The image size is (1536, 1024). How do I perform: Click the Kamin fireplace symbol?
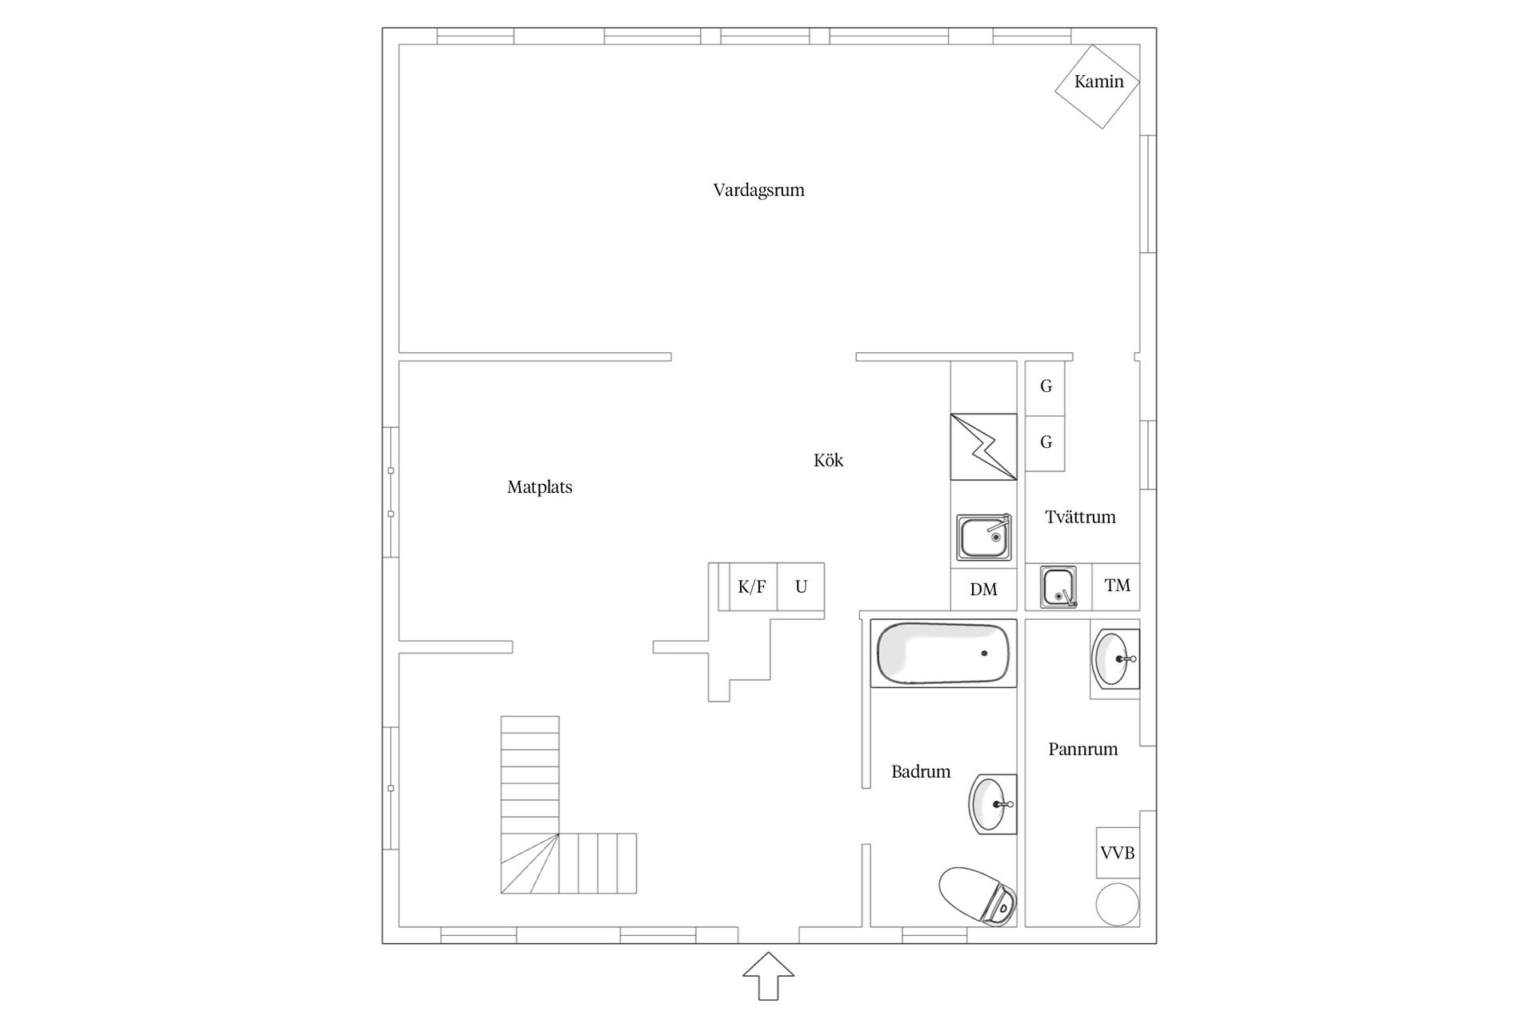(x=1098, y=86)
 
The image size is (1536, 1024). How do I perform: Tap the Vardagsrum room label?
(x=758, y=190)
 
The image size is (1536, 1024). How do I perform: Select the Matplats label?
(x=540, y=487)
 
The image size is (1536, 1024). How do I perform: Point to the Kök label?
(x=828, y=460)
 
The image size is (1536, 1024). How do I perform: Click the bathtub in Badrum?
(x=944, y=653)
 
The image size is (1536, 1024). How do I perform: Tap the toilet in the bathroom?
(x=978, y=896)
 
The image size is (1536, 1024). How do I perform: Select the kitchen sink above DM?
(x=985, y=537)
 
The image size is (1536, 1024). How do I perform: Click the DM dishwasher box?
(x=983, y=590)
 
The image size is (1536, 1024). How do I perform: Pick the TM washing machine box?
(x=1117, y=586)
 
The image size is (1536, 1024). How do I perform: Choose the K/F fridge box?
(x=752, y=587)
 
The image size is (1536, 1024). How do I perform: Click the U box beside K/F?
(x=801, y=587)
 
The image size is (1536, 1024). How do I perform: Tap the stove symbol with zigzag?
(x=983, y=447)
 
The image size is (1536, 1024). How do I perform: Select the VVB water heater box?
(x=1118, y=854)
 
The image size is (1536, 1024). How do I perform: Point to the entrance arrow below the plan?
(x=768, y=976)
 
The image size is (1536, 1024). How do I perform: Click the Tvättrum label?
(x=1080, y=518)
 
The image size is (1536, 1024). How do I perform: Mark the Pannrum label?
(x=1082, y=750)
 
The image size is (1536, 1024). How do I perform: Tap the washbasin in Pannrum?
(x=1115, y=658)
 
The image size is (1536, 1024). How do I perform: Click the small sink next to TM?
(x=1058, y=587)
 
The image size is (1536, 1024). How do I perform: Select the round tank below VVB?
(x=1118, y=905)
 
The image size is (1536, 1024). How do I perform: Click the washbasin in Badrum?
(x=993, y=804)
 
